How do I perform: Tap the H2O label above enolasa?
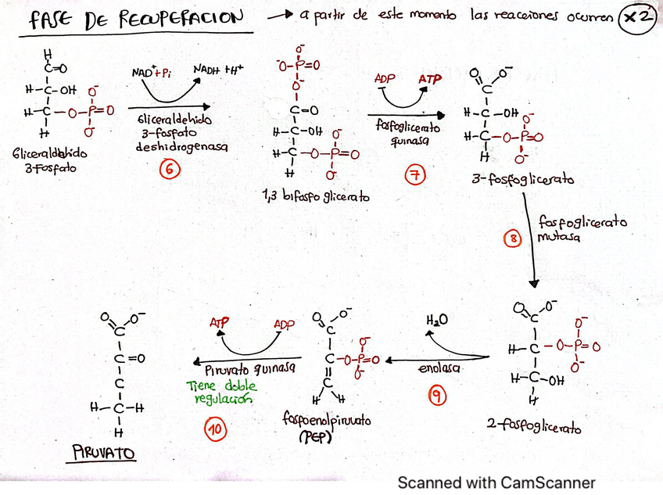[x=437, y=321]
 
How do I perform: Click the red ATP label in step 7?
[x=430, y=80]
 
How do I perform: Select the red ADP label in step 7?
[x=384, y=79]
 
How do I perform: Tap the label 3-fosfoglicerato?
[x=522, y=180]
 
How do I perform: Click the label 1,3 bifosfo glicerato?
[x=315, y=197]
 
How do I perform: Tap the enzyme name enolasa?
[x=439, y=368]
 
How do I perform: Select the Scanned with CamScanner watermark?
[x=496, y=482]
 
